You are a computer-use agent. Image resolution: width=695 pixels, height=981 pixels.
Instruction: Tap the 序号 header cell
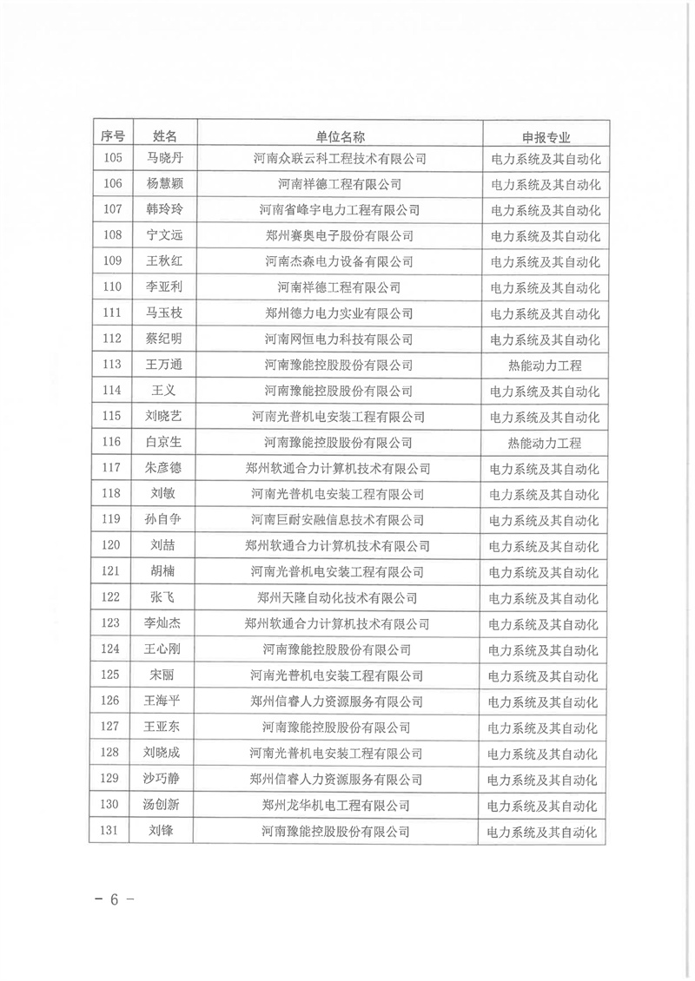click(112, 136)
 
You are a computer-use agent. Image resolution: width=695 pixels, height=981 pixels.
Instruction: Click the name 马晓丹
click(165, 159)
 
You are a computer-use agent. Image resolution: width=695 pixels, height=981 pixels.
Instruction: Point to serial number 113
click(112, 365)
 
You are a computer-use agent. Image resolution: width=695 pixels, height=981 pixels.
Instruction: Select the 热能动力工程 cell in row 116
click(545, 443)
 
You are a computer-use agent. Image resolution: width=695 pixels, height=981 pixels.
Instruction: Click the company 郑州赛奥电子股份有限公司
click(339, 236)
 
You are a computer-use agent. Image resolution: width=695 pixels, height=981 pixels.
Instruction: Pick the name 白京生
click(165, 443)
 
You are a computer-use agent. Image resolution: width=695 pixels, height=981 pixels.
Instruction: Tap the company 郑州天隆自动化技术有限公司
click(339, 598)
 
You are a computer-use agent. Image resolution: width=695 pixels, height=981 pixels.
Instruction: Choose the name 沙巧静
click(165, 779)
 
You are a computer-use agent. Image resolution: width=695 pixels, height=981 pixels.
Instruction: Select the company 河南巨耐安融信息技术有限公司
click(339, 520)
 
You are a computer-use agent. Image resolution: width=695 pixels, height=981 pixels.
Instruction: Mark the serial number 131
click(112, 831)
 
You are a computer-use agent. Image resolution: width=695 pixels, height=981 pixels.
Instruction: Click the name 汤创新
click(165, 805)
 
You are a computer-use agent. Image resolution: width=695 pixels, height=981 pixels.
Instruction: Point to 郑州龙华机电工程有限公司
click(339, 805)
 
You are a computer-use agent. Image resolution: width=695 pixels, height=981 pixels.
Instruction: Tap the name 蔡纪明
click(165, 339)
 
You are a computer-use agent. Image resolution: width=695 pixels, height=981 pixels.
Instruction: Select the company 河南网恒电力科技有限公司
click(339, 339)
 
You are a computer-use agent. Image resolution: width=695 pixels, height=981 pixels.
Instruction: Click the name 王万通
click(165, 365)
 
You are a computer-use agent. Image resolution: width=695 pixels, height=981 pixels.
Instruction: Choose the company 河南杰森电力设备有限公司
click(339, 262)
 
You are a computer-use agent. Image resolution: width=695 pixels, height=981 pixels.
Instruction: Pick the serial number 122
click(112, 598)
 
